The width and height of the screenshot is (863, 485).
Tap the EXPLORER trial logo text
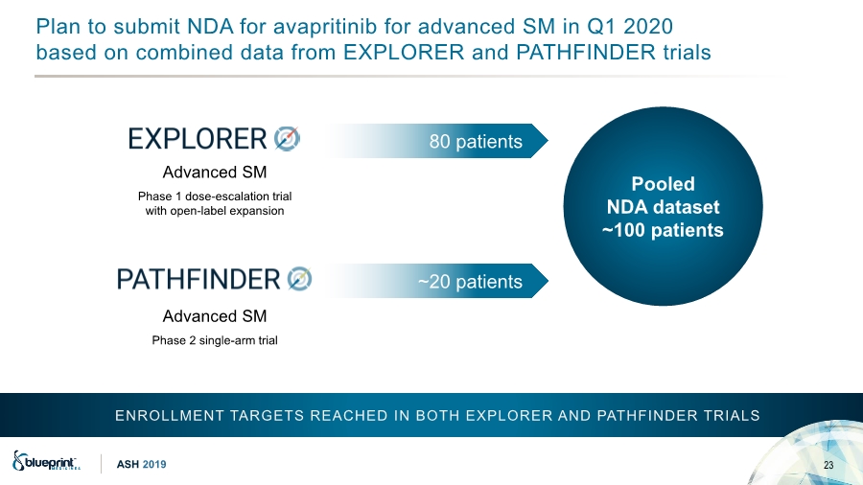[197, 139]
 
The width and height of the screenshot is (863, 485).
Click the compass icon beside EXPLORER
[288, 139]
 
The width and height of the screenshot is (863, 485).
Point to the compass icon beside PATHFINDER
[299, 279]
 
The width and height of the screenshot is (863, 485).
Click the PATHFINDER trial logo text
[198, 279]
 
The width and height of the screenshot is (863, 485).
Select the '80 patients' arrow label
[476, 141]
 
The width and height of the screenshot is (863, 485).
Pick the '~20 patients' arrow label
[470, 282]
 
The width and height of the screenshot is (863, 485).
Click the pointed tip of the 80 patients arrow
[548, 141]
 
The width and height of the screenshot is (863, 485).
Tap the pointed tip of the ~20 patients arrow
[548, 281]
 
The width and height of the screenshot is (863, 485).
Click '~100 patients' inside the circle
[663, 230]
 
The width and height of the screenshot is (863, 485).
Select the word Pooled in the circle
[663, 184]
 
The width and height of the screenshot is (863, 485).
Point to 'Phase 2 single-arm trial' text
[215, 340]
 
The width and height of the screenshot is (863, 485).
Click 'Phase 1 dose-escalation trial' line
[215, 196]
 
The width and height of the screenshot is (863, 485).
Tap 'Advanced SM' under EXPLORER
[215, 173]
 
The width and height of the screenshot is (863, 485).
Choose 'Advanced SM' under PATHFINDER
[215, 316]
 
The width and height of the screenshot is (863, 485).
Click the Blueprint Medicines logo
[46, 461]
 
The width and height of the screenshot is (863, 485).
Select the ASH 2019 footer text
[141, 465]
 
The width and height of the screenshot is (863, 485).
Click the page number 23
[828, 465]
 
